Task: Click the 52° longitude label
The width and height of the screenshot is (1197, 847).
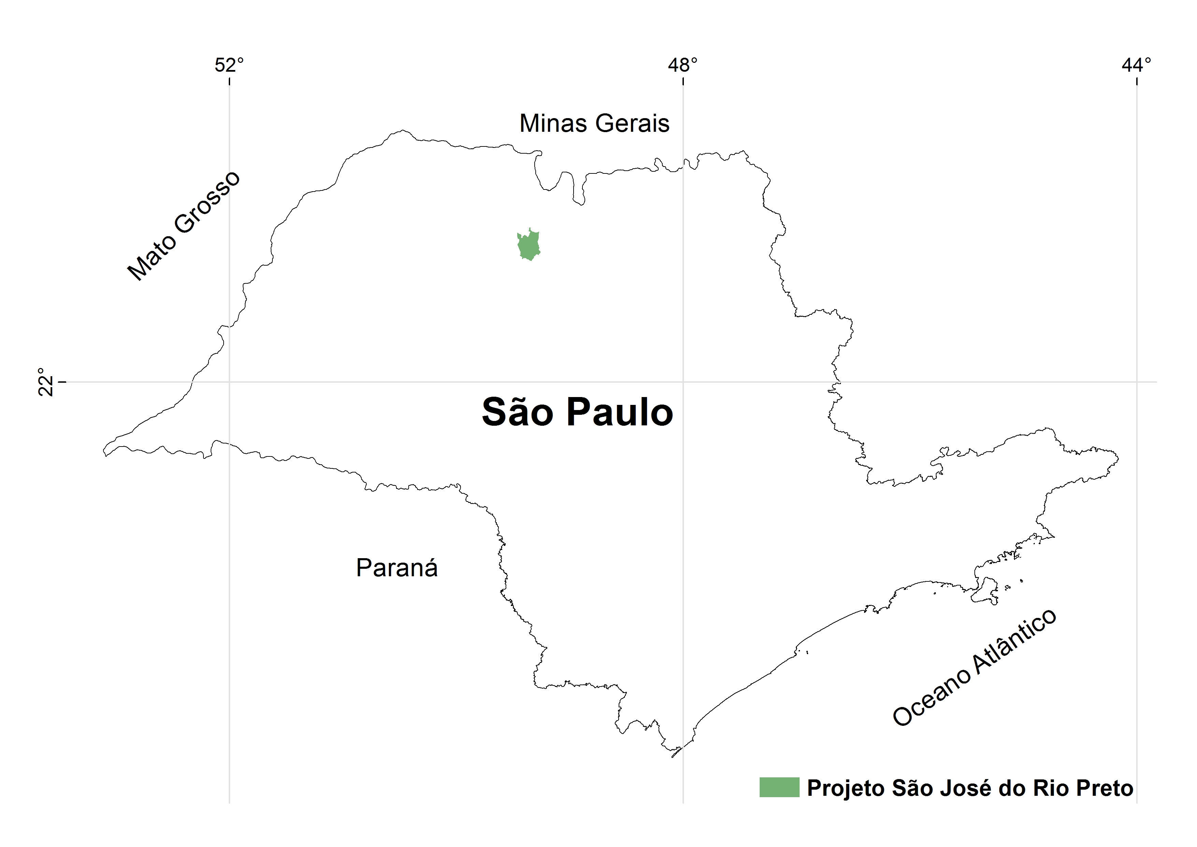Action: pyautogui.click(x=229, y=66)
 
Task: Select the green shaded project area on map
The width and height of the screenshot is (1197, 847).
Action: pyautogui.click(x=529, y=245)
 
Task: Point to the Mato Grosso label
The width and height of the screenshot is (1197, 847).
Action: pyautogui.click(x=184, y=225)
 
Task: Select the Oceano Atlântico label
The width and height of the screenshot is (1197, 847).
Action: pyautogui.click(x=974, y=667)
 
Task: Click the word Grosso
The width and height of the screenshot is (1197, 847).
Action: pyautogui.click(x=207, y=202)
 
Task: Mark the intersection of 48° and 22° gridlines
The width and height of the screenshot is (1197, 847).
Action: pyautogui.click(x=683, y=382)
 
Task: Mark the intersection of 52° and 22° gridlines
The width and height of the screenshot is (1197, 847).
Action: pyautogui.click(x=229, y=382)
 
